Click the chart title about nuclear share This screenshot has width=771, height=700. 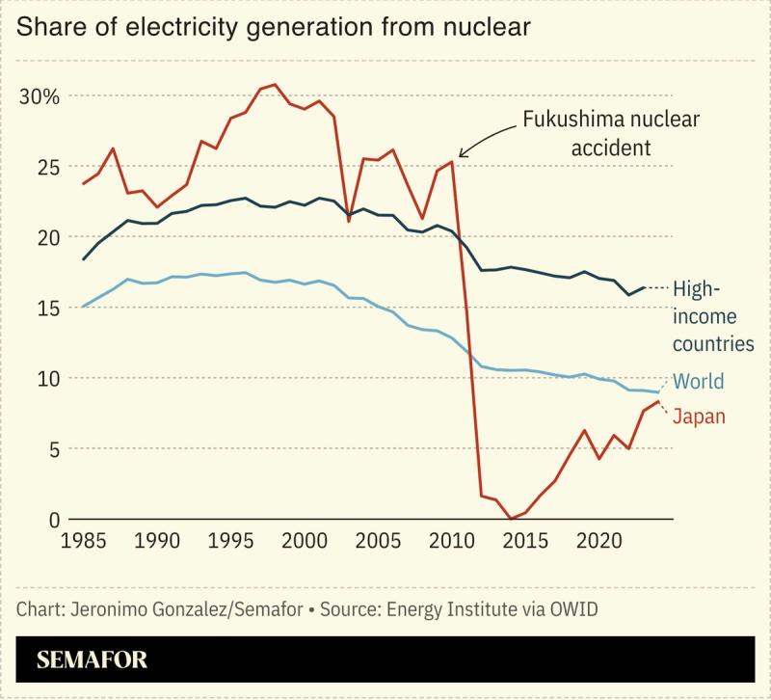click(x=273, y=28)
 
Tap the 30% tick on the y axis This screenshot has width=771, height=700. click(x=39, y=96)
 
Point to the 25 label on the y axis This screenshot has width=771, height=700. click(x=45, y=167)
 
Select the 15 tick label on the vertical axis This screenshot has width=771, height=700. click(x=45, y=308)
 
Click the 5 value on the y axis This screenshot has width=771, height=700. click(x=54, y=448)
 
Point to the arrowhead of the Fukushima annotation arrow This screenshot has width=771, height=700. click(x=460, y=155)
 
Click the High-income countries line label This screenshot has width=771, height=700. click(x=711, y=315)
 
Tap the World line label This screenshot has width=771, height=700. click(x=698, y=382)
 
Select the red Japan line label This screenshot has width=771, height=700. click(x=699, y=417)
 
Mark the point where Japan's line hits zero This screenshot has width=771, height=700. click(x=511, y=519)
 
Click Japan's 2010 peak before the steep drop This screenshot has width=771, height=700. click(x=452, y=162)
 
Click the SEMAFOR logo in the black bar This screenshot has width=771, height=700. click(x=92, y=660)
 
